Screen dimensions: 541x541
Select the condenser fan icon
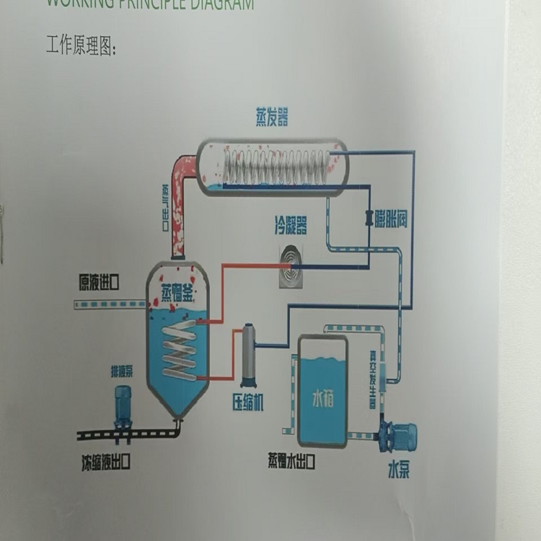coord(291,266)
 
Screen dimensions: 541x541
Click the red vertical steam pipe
coord(177,216)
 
